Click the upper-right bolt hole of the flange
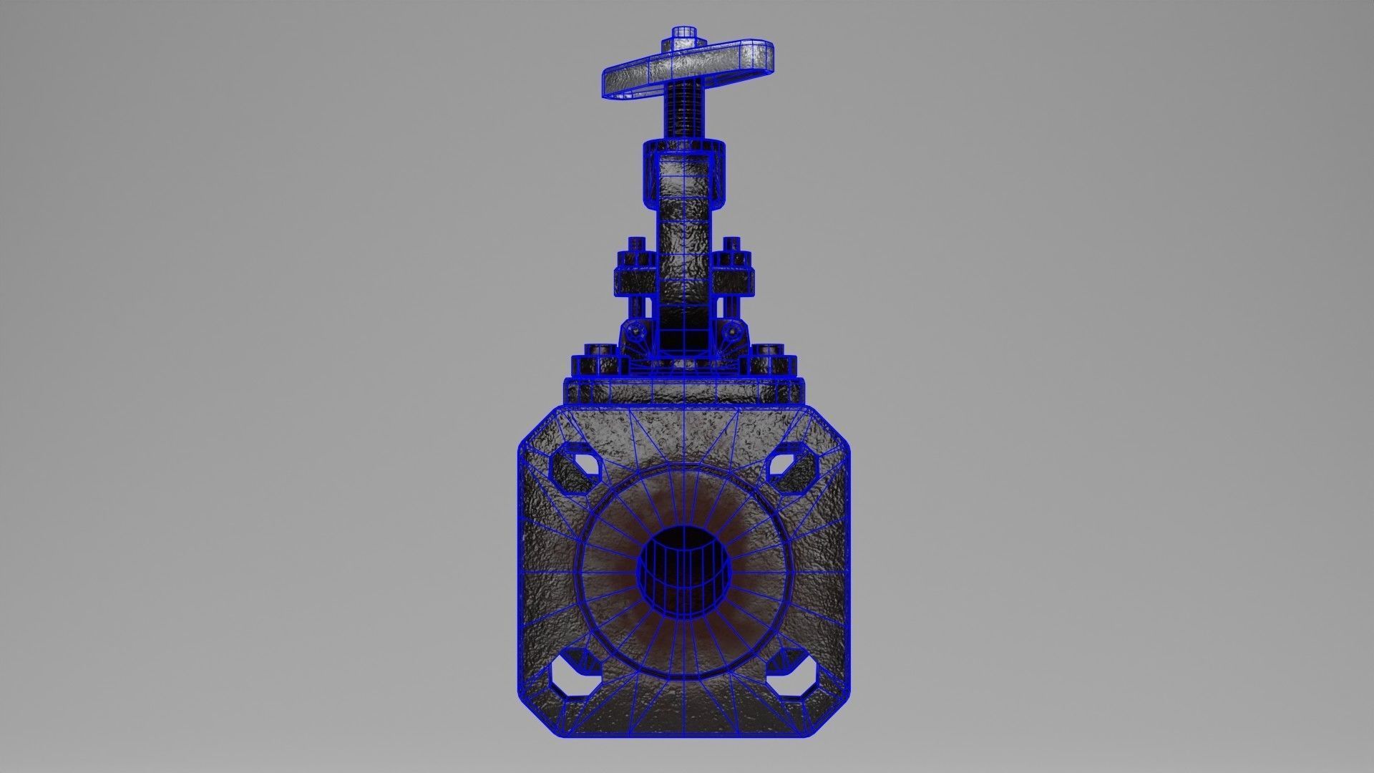tap(791, 470)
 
